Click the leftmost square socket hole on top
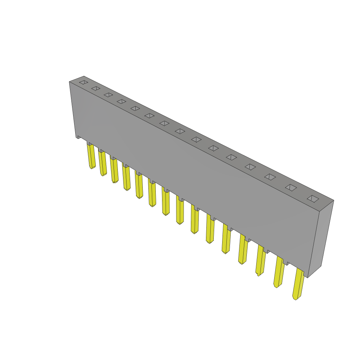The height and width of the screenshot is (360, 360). click(x=83, y=82)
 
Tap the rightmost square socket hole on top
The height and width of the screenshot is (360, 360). click(x=313, y=199)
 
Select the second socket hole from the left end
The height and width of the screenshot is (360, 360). click(x=96, y=88)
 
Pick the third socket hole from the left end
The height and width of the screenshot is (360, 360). click(x=108, y=95)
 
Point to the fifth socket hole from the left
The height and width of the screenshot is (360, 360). click(x=135, y=108)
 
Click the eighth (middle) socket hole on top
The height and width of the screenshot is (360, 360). click(x=180, y=131)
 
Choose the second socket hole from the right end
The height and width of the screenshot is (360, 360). click(x=291, y=188)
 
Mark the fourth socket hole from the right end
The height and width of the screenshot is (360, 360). click(x=250, y=167)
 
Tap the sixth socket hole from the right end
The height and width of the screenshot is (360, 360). click(x=213, y=148)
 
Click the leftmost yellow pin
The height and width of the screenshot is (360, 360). click(x=91, y=156)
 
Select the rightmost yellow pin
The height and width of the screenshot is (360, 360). click(x=298, y=284)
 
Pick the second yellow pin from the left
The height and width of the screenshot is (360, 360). click(x=103, y=163)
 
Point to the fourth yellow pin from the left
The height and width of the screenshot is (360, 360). click(x=127, y=178)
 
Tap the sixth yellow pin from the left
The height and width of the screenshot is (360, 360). click(x=152, y=193)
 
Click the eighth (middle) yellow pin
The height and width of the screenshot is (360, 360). click(x=180, y=211)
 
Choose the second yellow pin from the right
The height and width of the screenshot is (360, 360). click(x=279, y=272)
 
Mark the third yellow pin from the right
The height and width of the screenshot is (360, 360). click(x=261, y=261)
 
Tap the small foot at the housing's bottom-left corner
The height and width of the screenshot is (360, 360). click(x=78, y=137)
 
